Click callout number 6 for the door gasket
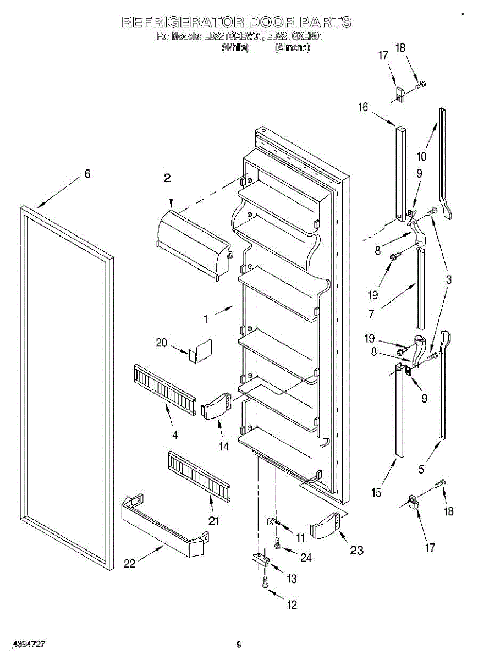[x=87, y=174]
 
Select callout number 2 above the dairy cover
[x=167, y=178]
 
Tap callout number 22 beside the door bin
[x=129, y=563]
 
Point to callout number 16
[x=363, y=107]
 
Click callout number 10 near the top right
[x=422, y=157]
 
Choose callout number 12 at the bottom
[x=292, y=604]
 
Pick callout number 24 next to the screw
[x=306, y=557]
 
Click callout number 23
[x=356, y=550]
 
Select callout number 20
[x=161, y=343]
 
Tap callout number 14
[x=224, y=447]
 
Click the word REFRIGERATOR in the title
[x=182, y=23]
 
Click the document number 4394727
[x=29, y=643]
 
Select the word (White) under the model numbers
[x=235, y=48]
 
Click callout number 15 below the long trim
[x=376, y=493]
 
